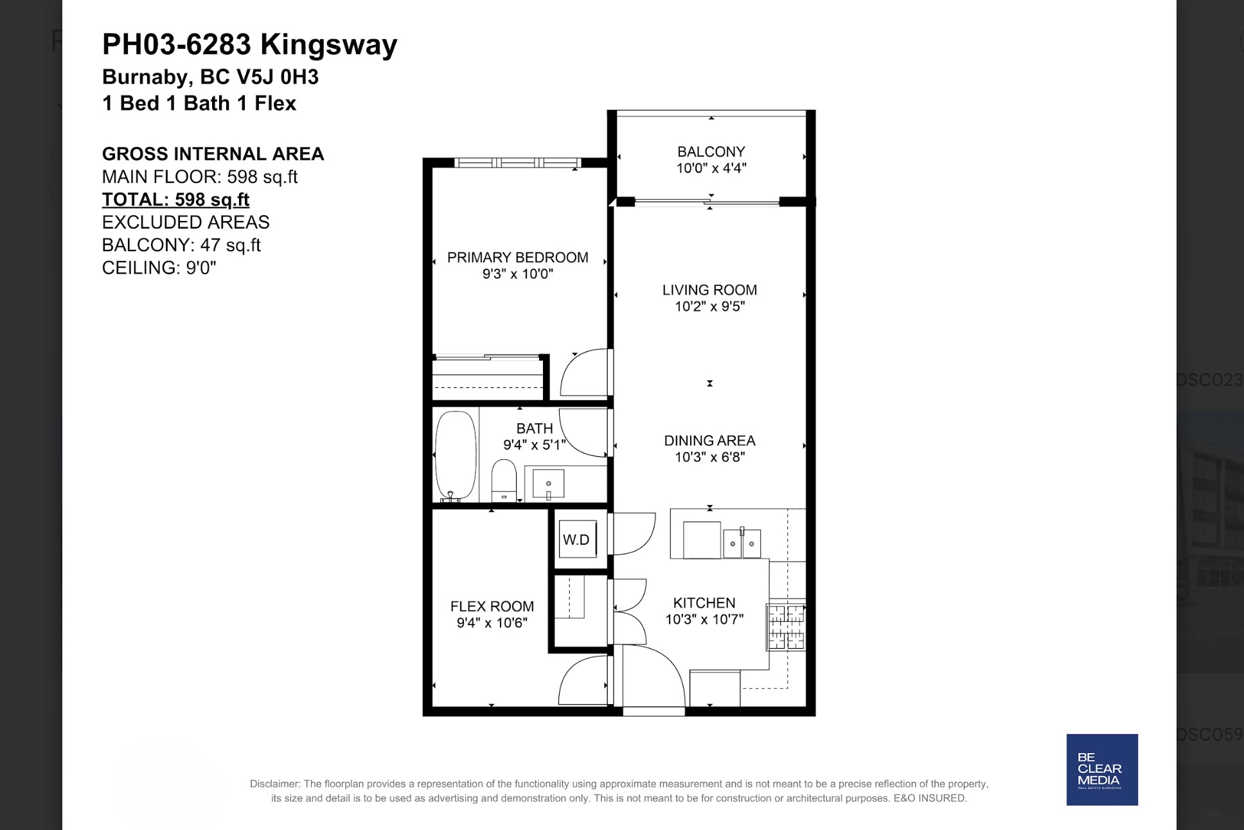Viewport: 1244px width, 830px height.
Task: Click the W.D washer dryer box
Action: [577, 539]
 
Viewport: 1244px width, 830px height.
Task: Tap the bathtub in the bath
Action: [456, 455]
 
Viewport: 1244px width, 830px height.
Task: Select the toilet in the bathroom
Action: [504, 480]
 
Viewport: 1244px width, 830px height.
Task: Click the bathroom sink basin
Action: [548, 484]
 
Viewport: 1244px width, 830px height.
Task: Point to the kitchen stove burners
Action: [786, 627]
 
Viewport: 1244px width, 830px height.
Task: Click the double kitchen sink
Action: [742, 543]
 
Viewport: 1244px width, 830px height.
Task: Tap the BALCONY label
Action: [711, 152]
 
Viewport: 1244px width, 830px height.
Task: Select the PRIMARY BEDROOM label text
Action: [518, 258]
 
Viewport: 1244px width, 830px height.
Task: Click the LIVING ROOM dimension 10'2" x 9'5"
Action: [709, 306]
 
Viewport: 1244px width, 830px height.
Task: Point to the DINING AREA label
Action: [709, 441]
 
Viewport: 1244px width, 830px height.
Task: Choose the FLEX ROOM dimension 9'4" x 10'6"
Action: [492, 622]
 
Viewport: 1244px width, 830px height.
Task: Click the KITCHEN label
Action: [704, 603]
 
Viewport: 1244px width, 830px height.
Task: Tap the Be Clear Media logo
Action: [1102, 770]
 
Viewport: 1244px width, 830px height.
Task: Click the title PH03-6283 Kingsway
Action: [250, 44]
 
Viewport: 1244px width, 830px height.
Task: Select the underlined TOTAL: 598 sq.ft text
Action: [175, 199]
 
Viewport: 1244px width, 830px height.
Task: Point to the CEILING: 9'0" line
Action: [159, 267]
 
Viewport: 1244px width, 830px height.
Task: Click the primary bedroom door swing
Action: [584, 373]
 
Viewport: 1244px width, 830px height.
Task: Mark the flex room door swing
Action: [583, 680]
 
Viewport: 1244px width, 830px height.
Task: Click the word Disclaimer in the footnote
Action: [275, 784]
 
